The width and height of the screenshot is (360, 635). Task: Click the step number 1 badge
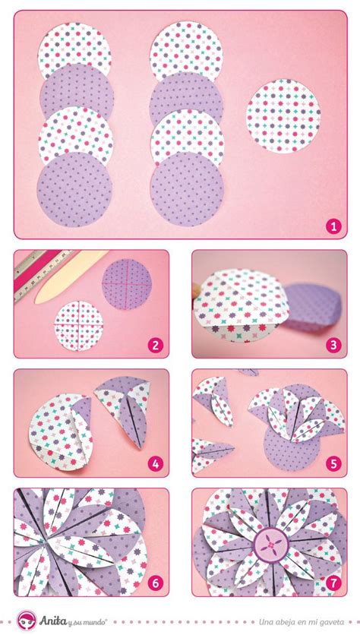333,226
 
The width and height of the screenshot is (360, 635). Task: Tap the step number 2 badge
156,345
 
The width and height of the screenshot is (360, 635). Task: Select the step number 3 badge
333,345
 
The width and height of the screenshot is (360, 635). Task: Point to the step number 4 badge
156,464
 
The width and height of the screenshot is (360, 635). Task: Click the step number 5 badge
333,464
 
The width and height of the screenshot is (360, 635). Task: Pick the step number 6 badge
156,583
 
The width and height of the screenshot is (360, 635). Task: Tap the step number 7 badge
333,583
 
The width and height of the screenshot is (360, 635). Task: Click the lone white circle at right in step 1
283,115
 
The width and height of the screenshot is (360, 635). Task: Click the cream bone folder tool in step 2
71,276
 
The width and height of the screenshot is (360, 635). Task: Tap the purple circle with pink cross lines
127,284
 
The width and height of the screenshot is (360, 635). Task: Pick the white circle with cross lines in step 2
79,326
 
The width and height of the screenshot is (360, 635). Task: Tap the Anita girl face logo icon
27,621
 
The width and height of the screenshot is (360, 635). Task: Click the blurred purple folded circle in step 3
314,307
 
